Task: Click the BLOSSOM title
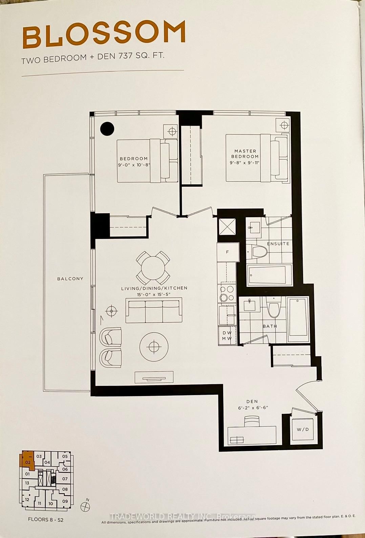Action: [104, 34]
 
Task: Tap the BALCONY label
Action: [70, 278]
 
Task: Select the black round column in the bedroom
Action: [107, 128]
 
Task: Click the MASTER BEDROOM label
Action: [245, 154]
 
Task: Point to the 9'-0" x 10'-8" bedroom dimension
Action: [134, 165]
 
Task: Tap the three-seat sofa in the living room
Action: [154, 310]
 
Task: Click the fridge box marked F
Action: [227, 252]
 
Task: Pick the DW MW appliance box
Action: [227, 336]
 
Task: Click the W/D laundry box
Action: [303, 429]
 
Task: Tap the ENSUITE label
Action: [278, 244]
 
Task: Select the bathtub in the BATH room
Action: [298, 319]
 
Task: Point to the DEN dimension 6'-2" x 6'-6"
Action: [253, 408]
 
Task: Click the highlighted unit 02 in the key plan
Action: [28, 461]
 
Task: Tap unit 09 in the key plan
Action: [65, 501]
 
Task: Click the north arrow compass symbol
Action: [85, 506]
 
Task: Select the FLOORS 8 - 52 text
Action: [45, 519]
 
